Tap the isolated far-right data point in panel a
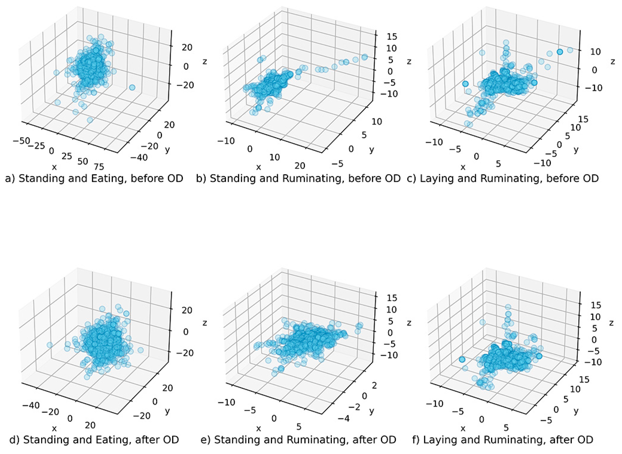(132, 87)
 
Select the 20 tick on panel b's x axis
(300, 166)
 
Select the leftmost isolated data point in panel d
(50, 345)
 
